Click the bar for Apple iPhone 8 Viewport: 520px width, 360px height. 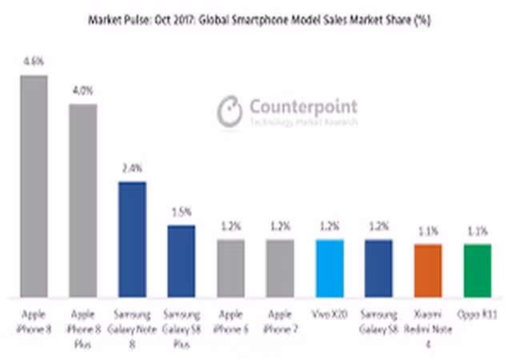34,186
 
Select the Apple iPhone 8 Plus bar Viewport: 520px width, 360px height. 82,200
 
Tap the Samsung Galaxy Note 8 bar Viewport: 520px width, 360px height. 131,238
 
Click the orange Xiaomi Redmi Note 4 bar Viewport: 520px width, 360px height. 428,270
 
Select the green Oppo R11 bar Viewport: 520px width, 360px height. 477,270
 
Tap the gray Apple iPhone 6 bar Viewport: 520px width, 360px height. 230,267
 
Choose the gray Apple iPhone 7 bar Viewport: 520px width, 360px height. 279,267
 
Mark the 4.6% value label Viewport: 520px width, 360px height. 34,60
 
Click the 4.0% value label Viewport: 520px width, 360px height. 82,90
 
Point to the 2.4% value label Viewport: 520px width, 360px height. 131,168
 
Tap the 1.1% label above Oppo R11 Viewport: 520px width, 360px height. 477,231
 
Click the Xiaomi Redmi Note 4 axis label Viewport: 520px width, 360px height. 427,321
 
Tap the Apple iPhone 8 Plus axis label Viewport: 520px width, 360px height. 82,321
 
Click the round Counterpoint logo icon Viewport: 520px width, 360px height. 230,110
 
